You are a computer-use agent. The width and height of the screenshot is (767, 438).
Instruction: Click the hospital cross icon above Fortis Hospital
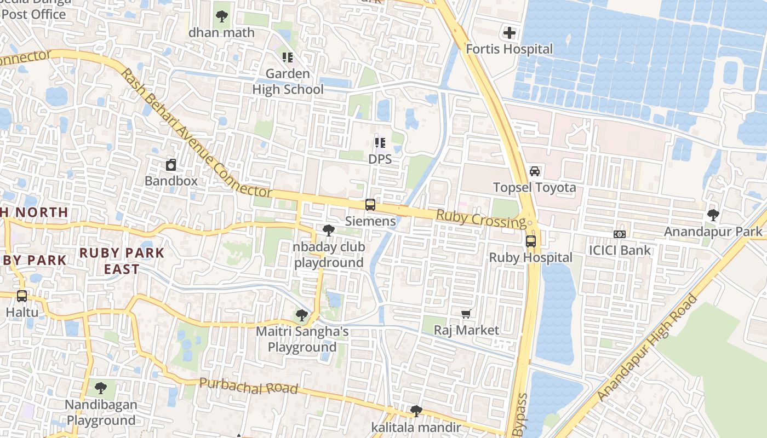[510, 33]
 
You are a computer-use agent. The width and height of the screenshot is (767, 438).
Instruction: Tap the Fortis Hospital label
[510, 49]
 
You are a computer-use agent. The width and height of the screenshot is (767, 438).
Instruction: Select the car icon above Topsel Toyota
[535, 171]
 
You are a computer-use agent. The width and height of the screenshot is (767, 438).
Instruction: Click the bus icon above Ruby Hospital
[530, 241]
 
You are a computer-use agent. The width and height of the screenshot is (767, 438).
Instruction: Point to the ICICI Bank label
[620, 250]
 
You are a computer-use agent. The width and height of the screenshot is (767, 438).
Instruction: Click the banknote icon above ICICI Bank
[620, 234]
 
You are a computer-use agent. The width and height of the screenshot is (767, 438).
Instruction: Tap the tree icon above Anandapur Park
[713, 215]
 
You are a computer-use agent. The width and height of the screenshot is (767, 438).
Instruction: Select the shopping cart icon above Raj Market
[466, 314]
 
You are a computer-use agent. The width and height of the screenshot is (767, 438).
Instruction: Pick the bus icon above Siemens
[370, 205]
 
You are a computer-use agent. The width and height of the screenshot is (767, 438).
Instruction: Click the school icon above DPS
[380, 143]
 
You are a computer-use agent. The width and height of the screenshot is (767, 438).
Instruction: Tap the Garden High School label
[288, 81]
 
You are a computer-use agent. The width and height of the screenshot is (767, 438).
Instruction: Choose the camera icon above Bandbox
[171, 164]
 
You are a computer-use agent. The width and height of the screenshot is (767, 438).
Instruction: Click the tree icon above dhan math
[222, 16]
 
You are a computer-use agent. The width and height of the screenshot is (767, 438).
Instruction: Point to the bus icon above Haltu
[22, 296]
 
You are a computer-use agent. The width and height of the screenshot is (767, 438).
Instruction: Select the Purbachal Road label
[248, 387]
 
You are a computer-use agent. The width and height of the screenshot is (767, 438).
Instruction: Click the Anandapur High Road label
[647, 348]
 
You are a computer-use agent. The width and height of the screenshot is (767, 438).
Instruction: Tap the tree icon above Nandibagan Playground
[100, 388]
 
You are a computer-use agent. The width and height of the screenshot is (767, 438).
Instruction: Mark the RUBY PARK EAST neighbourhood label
[122, 261]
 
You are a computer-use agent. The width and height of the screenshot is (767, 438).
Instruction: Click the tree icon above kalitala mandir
[416, 411]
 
